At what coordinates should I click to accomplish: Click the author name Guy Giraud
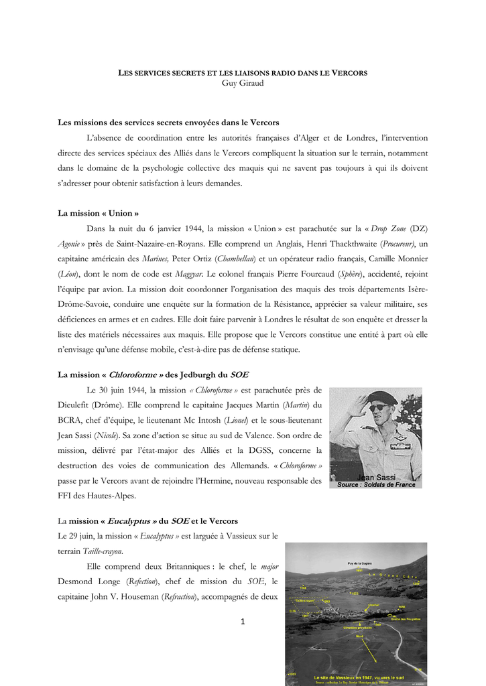tap(242, 82)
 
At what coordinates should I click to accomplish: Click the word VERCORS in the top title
tap(349, 72)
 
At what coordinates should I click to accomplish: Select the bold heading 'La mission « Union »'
tap(99, 213)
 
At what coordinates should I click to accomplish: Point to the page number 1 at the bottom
tap(243, 621)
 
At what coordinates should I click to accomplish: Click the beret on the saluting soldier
tap(382, 397)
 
